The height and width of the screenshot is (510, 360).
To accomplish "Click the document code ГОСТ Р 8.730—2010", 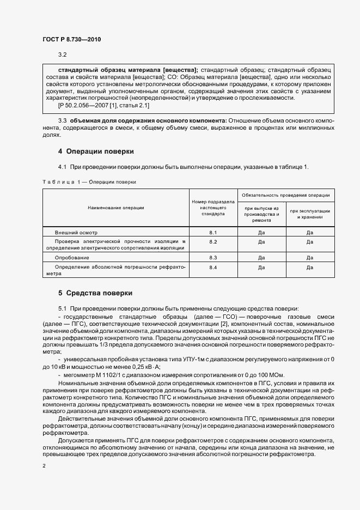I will tap(71, 39).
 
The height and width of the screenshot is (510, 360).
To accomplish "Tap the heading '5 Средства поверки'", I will tap(95, 293).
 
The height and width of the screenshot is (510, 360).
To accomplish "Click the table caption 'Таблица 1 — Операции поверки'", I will tap(89, 181).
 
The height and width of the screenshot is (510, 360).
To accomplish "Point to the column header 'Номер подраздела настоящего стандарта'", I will tap(213, 208).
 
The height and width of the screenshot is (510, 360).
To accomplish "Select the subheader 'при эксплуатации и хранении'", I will tap(310, 214).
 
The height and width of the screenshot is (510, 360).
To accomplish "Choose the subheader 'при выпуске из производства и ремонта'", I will tap(261, 214).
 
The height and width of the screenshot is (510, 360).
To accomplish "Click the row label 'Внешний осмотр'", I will tap(72, 232).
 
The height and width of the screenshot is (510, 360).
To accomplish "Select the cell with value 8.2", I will tap(213, 241).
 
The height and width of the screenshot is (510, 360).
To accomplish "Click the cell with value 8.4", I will tap(213, 268).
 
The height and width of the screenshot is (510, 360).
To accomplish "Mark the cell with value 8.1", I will tap(213, 232).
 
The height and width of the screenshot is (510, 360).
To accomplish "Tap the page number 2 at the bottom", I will tap(44, 466).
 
